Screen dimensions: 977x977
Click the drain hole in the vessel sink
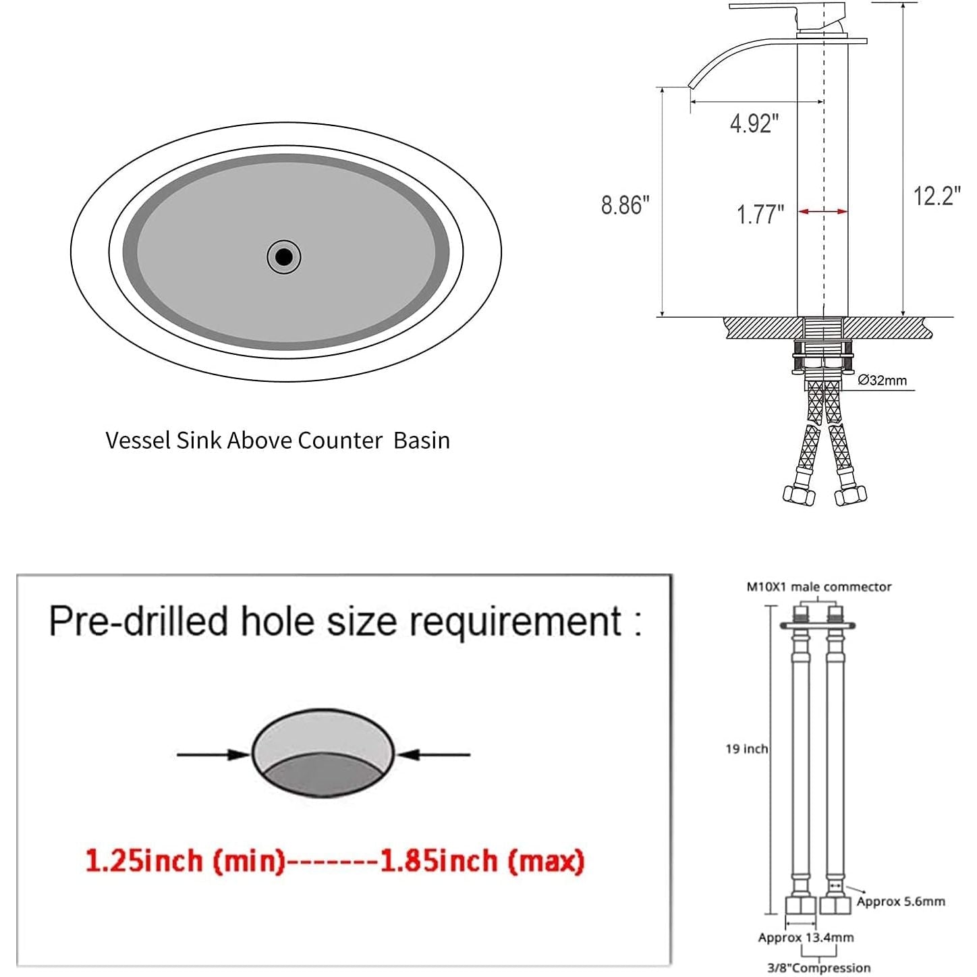284,257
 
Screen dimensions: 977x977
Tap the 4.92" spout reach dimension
754,123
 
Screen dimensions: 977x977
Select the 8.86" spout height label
625,205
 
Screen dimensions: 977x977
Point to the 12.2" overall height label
937,196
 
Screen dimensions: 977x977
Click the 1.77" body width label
760,215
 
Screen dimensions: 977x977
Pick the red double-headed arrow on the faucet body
822,211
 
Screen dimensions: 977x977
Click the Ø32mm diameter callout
882,381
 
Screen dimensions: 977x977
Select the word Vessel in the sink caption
138,440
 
